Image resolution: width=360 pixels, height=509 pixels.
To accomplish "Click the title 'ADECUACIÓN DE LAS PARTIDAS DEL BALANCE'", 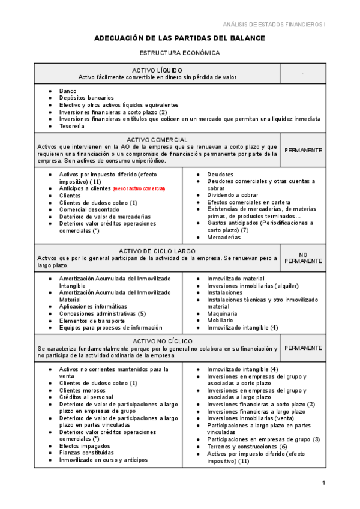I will [x=179, y=38].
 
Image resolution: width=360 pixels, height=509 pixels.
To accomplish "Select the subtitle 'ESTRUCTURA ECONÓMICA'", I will [x=179, y=53].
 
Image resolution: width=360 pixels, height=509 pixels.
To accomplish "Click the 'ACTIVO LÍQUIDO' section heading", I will [x=157, y=70].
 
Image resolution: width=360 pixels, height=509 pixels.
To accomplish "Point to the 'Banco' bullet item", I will [x=68, y=91].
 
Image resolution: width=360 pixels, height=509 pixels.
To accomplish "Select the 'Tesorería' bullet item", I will [x=71, y=126].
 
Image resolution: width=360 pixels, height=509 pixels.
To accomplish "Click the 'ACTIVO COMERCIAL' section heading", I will [x=157, y=139].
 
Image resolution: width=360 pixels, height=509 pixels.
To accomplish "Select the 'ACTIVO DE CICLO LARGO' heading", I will [x=157, y=250].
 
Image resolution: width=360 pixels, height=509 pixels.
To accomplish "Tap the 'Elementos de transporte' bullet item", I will [x=92, y=321].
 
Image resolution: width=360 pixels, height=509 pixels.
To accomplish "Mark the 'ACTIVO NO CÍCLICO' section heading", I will [x=157, y=341].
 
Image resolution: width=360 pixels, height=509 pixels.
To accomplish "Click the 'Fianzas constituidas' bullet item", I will [x=86, y=453].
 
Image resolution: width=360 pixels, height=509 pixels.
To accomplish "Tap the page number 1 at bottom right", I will [x=323, y=483].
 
